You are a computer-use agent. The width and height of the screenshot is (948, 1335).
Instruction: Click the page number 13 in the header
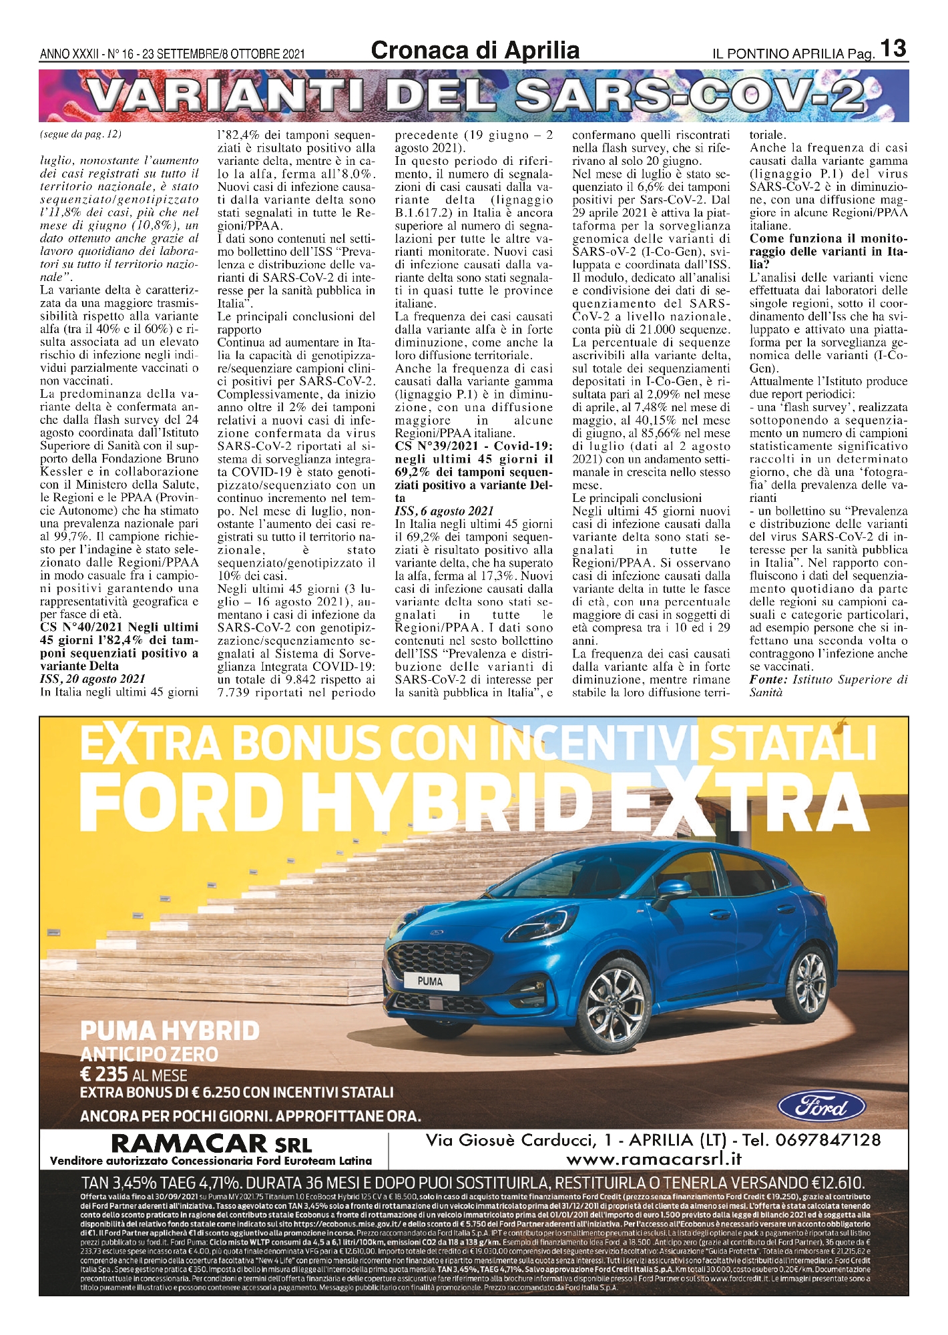coord(893,49)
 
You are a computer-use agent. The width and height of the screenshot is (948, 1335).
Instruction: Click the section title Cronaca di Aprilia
coord(475,50)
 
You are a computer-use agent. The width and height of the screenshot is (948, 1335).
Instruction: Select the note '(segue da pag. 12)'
coord(81,134)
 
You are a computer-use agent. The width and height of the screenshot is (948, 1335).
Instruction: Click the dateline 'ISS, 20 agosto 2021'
coord(92,679)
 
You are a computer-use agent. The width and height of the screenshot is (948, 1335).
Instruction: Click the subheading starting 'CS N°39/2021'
coord(473,446)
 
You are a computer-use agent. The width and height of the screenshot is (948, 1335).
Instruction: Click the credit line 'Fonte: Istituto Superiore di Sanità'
coord(828,686)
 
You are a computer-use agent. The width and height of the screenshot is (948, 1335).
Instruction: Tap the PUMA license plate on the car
coord(430,981)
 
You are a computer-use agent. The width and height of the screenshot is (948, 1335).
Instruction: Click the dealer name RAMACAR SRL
coord(211,1143)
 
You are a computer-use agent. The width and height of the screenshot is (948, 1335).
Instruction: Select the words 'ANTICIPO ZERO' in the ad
coord(149,1054)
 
